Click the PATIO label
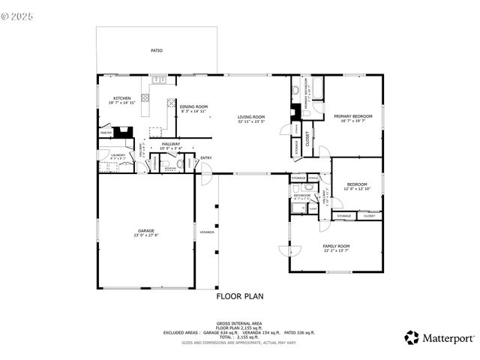coord(156,51)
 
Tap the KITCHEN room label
coord(122,98)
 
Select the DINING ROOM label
coord(193,106)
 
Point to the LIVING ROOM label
coord(251,117)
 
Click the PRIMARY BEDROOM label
coord(353,116)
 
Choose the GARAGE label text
coord(145,231)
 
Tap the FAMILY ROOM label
coord(336,246)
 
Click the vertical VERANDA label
coord(206,232)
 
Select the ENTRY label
coord(206,157)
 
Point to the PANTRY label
coord(106,133)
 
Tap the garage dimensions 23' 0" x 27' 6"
coord(145,236)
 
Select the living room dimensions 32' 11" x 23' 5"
coord(251,121)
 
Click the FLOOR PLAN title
coord(240,296)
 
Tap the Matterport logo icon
coord(412,337)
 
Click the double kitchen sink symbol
coord(159,79)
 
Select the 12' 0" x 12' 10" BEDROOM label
coord(356,184)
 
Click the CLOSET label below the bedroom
coord(368,216)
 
